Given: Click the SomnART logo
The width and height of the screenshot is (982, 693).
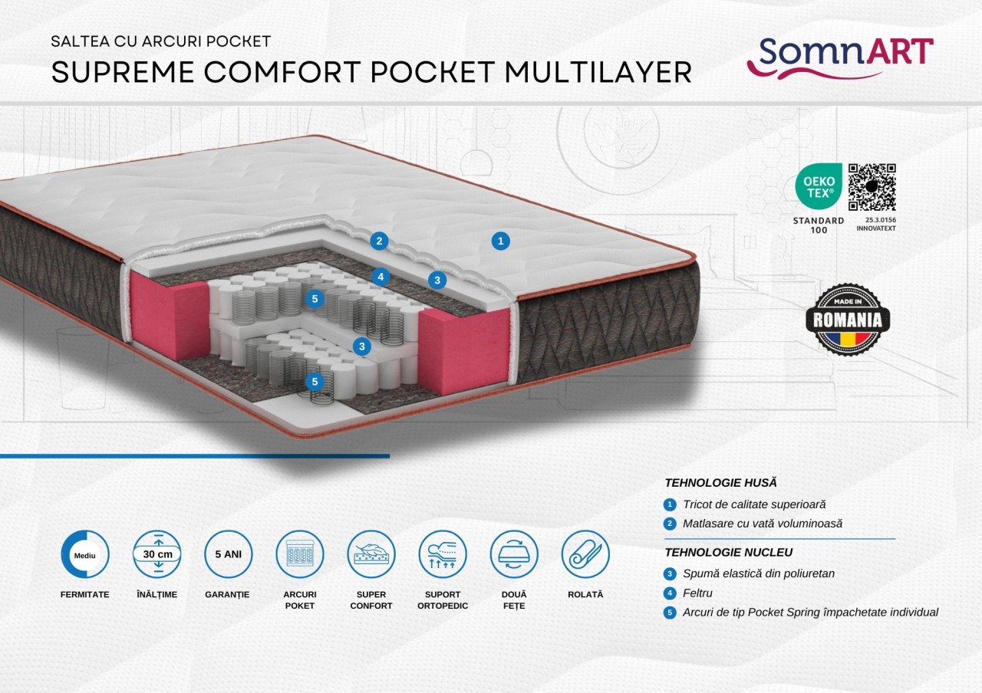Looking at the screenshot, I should (839, 57).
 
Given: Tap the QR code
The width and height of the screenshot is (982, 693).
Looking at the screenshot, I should (872, 186).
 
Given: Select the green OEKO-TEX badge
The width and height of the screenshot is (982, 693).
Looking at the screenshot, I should (818, 186).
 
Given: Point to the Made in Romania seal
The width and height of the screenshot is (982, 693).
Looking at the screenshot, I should (848, 319).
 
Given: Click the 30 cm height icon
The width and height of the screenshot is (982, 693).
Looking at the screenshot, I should (157, 553).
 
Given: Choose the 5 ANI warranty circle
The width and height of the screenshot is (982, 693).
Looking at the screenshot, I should (228, 553).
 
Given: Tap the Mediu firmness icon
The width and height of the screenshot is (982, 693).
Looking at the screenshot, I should (85, 553).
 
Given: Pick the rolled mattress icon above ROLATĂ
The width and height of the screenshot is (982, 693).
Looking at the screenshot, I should (585, 553).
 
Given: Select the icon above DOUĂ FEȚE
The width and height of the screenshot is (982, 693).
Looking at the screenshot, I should (514, 553).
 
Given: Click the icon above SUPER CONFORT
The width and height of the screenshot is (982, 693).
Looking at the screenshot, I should (371, 553).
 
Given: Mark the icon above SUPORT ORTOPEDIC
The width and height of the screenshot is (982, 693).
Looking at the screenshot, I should (443, 553).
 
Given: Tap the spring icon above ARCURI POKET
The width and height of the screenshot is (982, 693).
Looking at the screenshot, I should (300, 553).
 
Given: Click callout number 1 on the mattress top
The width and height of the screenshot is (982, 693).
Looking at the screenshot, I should (500, 241).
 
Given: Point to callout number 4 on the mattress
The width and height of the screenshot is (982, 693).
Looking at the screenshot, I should (379, 276).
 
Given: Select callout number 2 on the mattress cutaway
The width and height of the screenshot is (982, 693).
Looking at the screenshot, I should (378, 241).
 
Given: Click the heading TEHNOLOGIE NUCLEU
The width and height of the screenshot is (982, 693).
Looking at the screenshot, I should (728, 552).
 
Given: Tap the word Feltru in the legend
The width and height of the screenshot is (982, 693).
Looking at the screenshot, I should (697, 593).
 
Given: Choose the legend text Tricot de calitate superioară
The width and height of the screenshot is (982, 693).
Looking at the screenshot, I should (754, 504).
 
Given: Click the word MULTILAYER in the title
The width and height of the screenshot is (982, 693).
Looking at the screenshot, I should (598, 72).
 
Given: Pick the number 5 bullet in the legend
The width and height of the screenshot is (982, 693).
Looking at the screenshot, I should (670, 613).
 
